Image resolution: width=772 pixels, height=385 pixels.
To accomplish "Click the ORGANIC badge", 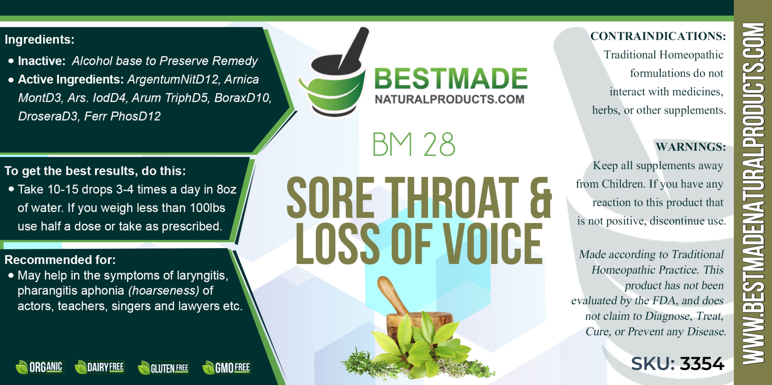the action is click(x=40, y=367).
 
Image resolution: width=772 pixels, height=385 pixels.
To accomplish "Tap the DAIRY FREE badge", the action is click(x=99, y=367).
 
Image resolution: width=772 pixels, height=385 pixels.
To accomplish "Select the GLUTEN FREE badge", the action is click(x=163, y=368).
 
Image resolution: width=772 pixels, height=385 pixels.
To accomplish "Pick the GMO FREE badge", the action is click(x=226, y=368).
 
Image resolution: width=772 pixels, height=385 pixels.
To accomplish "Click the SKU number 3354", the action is click(x=702, y=364).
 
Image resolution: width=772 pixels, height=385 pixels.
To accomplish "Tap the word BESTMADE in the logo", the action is click(x=451, y=78).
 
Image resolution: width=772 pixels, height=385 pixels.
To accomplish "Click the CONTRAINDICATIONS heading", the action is click(x=658, y=36).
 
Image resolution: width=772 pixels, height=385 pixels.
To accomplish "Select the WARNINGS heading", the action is click(x=691, y=147).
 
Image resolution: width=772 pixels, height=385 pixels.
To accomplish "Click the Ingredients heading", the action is click(x=39, y=39).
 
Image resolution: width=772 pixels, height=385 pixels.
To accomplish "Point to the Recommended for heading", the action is click(x=60, y=260).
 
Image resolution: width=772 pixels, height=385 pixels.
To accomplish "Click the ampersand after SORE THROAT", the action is click(x=541, y=198).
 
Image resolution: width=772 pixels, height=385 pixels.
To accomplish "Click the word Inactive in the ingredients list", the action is click(x=42, y=61).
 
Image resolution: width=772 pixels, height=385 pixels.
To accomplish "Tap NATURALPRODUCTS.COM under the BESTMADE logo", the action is click(x=450, y=99).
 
